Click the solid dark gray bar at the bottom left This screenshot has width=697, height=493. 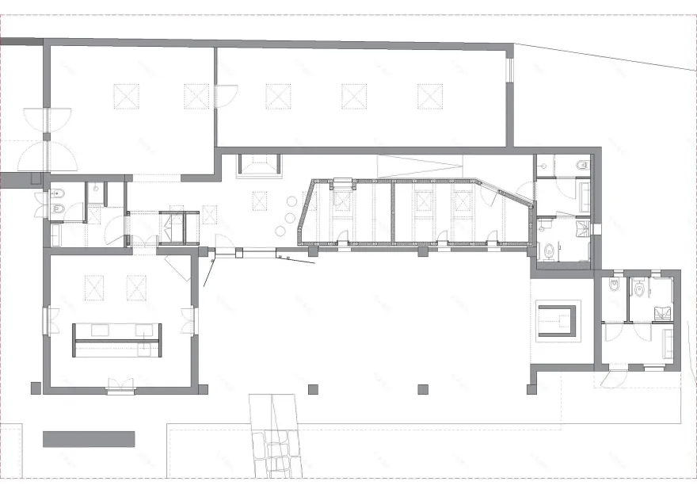tap(89, 438)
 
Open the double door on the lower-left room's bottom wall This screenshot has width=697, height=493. tap(120, 388)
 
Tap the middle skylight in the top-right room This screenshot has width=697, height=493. tap(353, 96)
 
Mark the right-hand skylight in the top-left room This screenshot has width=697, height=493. tap(196, 96)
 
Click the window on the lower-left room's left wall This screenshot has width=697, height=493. tap(46, 321)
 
